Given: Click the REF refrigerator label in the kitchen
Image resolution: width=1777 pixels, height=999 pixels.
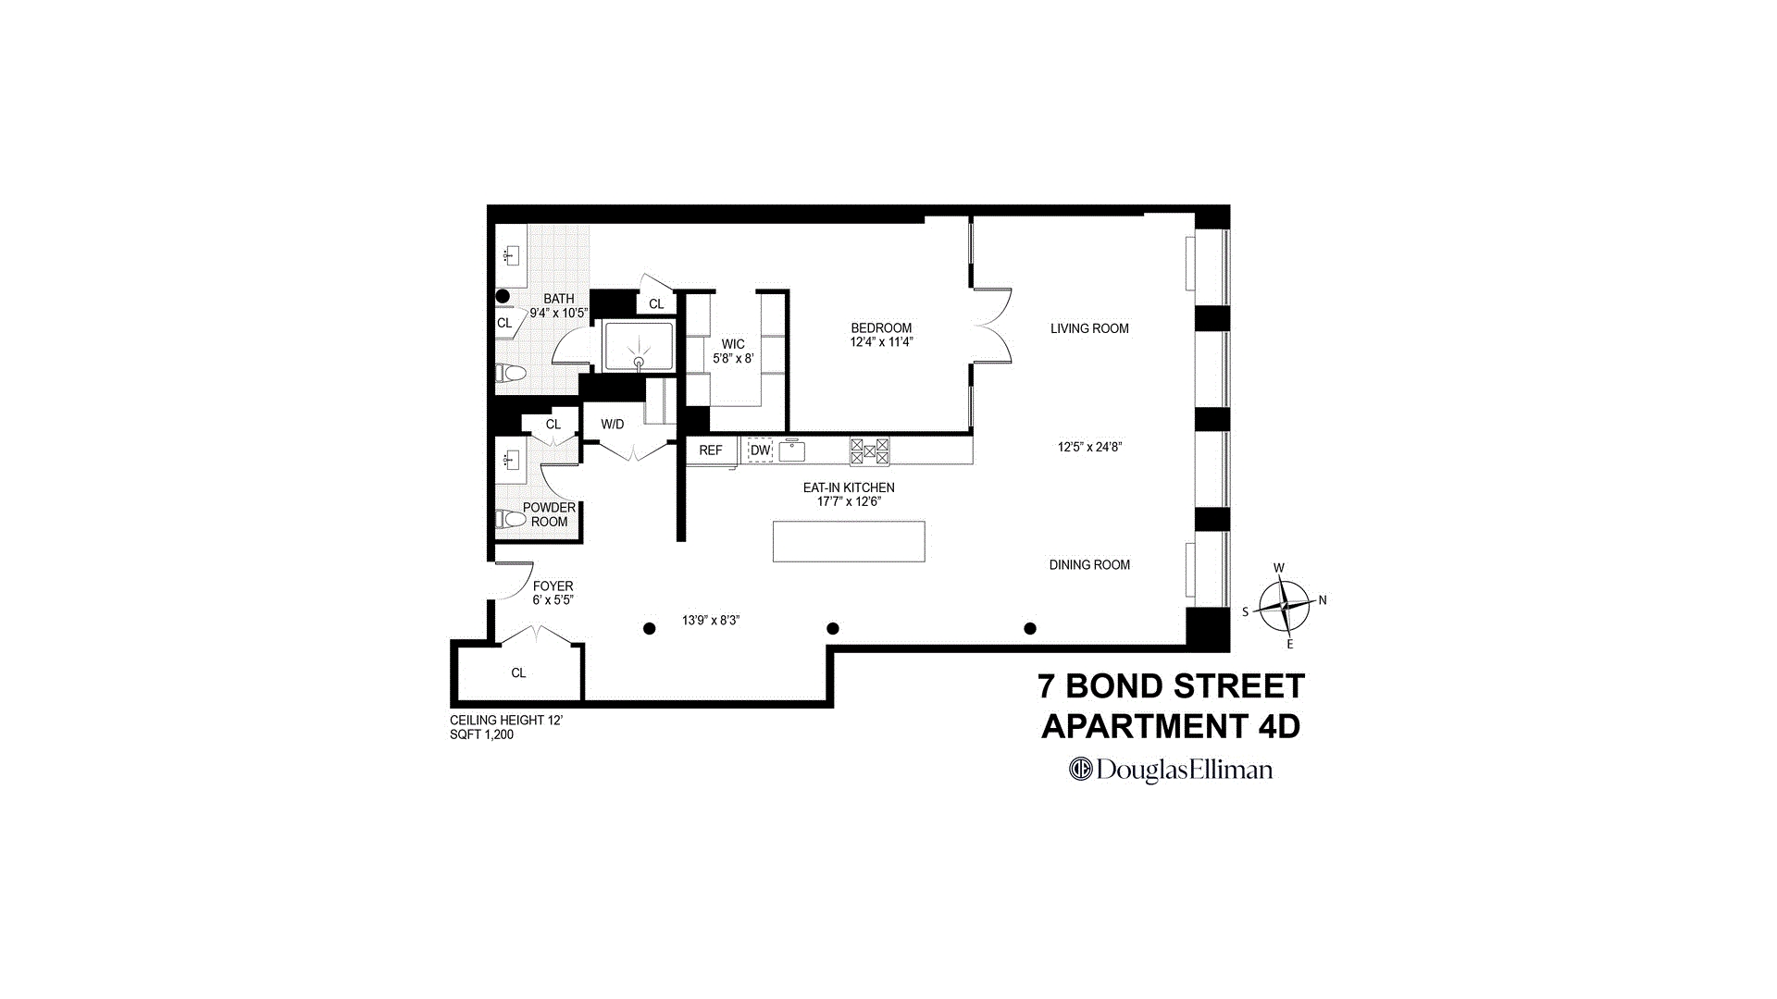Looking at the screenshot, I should tap(711, 450).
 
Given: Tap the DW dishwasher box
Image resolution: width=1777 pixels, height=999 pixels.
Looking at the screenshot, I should tap(760, 450).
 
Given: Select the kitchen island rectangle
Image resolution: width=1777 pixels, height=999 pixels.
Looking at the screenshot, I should tap(849, 541).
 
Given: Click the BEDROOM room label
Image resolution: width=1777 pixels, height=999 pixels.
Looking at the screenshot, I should tap(881, 328).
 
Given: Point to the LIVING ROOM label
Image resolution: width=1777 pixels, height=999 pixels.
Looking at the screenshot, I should tap(1089, 328).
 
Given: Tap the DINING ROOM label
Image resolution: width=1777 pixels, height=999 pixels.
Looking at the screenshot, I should tap(1089, 565).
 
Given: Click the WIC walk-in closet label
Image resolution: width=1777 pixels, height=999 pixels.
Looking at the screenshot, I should tap(733, 344).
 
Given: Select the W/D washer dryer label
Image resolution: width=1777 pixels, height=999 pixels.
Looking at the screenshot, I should tap(613, 425).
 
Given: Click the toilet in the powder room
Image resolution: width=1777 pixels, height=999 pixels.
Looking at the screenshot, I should tap(511, 518).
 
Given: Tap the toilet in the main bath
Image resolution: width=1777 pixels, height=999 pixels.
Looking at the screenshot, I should tap(511, 373).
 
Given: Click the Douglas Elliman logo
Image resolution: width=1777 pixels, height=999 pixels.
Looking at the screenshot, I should tap(1171, 770).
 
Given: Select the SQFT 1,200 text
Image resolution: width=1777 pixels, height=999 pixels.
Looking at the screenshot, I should tap(481, 735).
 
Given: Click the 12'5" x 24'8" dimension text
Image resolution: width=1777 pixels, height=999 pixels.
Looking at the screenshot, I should tap(1089, 447).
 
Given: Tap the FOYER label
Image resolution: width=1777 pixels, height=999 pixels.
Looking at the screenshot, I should tap(553, 586).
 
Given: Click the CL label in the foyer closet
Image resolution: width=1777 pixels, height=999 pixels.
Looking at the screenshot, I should tap(518, 673).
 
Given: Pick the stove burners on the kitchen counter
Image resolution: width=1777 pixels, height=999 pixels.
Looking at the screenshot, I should tap(870, 451).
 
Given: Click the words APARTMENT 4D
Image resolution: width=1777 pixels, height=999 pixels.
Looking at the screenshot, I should tap(1171, 727).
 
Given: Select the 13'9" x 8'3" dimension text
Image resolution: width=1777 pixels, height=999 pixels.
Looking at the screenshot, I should tap(711, 621).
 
